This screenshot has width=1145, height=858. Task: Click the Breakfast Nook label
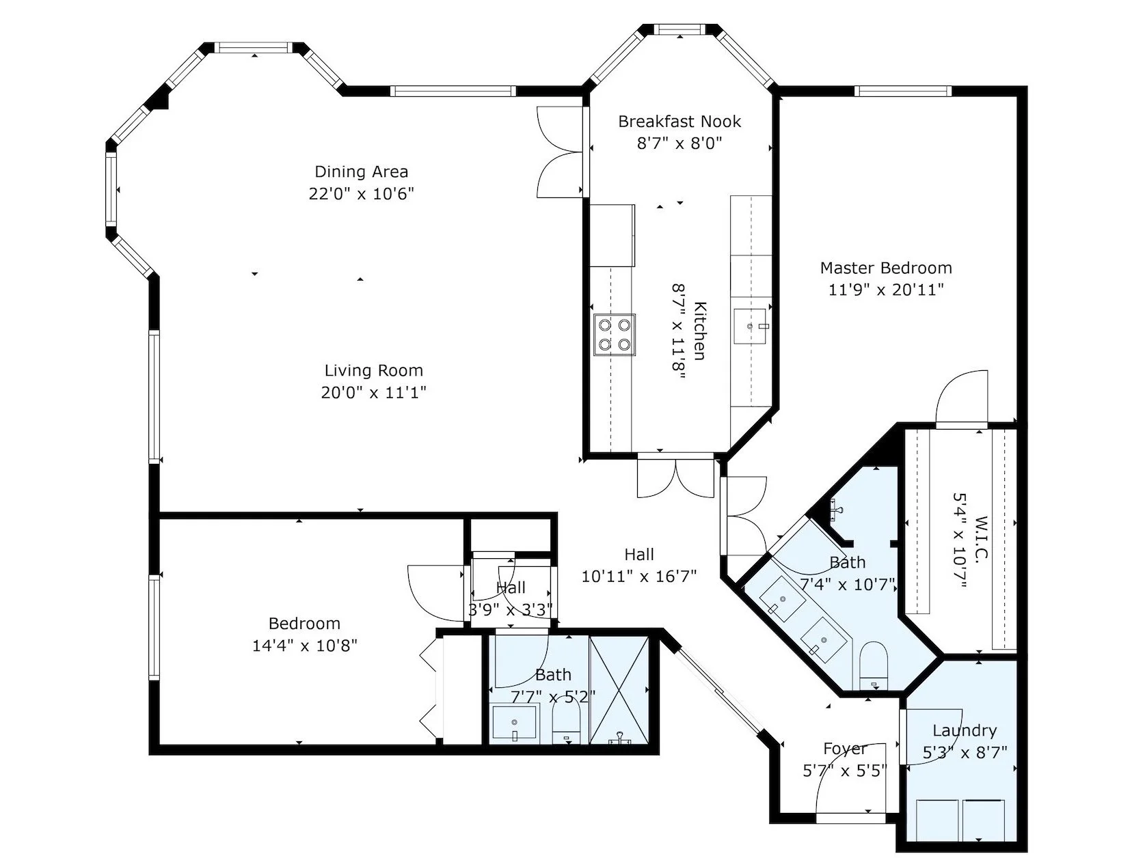click(679, 122)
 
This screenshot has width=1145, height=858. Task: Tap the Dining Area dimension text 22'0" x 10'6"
click(361, 194)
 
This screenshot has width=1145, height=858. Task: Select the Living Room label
click(373, 371)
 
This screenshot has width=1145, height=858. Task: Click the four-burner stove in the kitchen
click(614, 335)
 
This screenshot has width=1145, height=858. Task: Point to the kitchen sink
click(750, 327)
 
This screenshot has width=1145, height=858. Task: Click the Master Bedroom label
click(886, 268)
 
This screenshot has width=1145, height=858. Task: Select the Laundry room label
click(965, 731)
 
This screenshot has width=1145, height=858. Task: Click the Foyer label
click(844, 749)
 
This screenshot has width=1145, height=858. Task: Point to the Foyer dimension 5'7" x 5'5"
click(844, 771)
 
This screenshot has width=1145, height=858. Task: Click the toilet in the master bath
click(873, 665)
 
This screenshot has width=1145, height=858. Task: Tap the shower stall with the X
click(619, 690)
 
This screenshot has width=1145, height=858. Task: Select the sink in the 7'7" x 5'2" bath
click(515, 722)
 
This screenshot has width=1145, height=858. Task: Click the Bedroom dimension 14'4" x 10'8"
click(305, 646)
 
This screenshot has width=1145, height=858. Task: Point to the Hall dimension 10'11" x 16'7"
click(639, 576)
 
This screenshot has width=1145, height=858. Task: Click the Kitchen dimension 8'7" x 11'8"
click(678, 331)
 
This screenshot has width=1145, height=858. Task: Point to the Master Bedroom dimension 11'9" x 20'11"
click(887, 290)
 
